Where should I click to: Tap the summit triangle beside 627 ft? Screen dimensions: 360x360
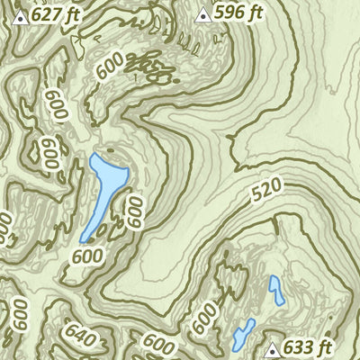coord(19,15)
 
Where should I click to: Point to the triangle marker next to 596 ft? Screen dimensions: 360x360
coord(202,13)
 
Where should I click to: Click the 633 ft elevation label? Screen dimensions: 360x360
coord(310,347)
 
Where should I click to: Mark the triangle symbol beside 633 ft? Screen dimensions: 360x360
coord(274,348)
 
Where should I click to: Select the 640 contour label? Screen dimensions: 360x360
coord(79,337)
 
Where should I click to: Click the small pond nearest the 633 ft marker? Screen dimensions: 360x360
coord(244,334)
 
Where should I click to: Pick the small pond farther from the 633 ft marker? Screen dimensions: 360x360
coord(276,290)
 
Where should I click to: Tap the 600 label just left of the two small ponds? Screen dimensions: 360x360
coord(204,317)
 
